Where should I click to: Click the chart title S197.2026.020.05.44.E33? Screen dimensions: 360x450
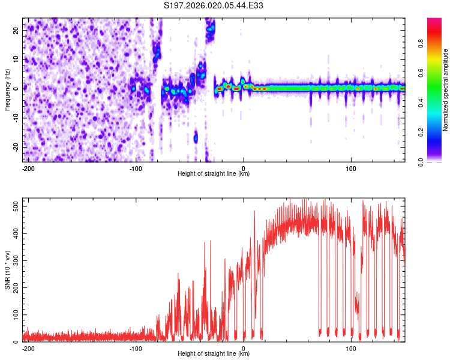click(x=214, y=5)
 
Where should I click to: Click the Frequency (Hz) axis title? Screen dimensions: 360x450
click(x=8, y=90)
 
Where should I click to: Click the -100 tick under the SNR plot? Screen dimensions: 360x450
click(x=136, y=349)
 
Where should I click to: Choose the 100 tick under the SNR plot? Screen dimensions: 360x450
click(x=351, y=349)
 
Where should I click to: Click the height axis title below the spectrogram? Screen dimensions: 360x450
click(x=214, y=174)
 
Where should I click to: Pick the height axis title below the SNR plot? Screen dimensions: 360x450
click(x=214, y=354)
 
